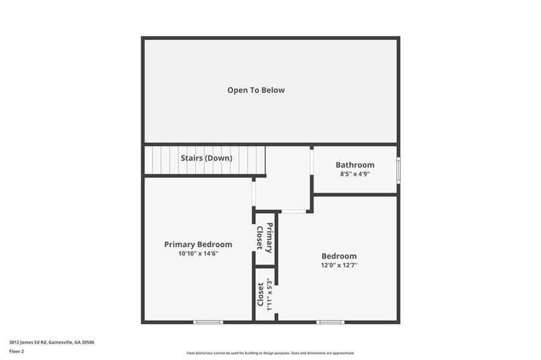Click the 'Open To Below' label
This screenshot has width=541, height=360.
click(x=256, y=90)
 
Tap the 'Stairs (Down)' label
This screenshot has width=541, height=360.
click(x=207, y=158)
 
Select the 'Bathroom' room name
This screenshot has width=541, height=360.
click(x=355, y=165)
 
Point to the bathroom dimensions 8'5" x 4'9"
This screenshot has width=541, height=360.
click(x=355, y=174)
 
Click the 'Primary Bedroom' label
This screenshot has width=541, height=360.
click(x=198, y=244)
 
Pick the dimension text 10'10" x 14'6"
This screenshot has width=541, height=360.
click(x=198, y=253)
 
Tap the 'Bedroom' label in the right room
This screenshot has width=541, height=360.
click(x=339, y=256)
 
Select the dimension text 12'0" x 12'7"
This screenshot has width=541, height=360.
click(x=339, y=265)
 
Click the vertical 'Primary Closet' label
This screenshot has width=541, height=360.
click(x=265, y=238)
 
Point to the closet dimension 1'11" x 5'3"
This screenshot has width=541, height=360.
click(x=270, y=295)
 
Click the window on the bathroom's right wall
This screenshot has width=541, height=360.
click(x=397, y=170)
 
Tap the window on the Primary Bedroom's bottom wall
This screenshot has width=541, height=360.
click(x=208, y=322)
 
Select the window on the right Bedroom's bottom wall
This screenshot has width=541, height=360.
click(x=330, y=322)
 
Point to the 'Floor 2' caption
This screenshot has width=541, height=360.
click(x=16, y=350)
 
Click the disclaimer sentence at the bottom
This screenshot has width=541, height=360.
click(x=270, y=353)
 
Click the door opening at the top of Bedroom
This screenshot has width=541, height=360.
click(x=294, y=211)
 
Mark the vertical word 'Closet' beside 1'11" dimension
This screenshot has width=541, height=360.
click(x=261, y=294)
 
